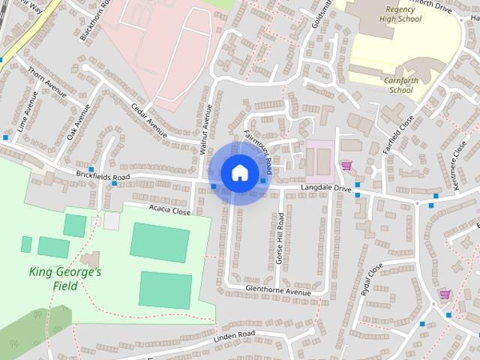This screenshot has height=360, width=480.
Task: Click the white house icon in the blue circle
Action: pyautogui.click(x=239, y=172)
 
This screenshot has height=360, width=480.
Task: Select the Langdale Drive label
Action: pyautogui.click(x=326, y=187)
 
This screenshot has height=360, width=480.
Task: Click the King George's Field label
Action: pyautogui.click(x=65, y=278)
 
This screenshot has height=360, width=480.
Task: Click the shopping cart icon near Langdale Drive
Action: pyautogui.click(x=346, y=165)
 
